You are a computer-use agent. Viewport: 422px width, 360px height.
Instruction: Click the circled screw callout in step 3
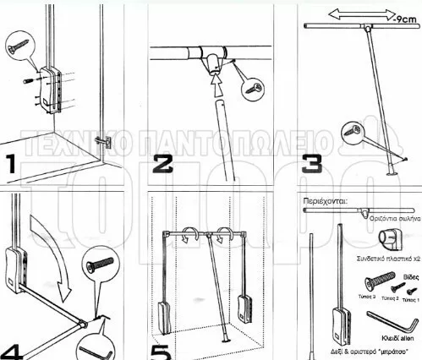click(353, 132)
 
